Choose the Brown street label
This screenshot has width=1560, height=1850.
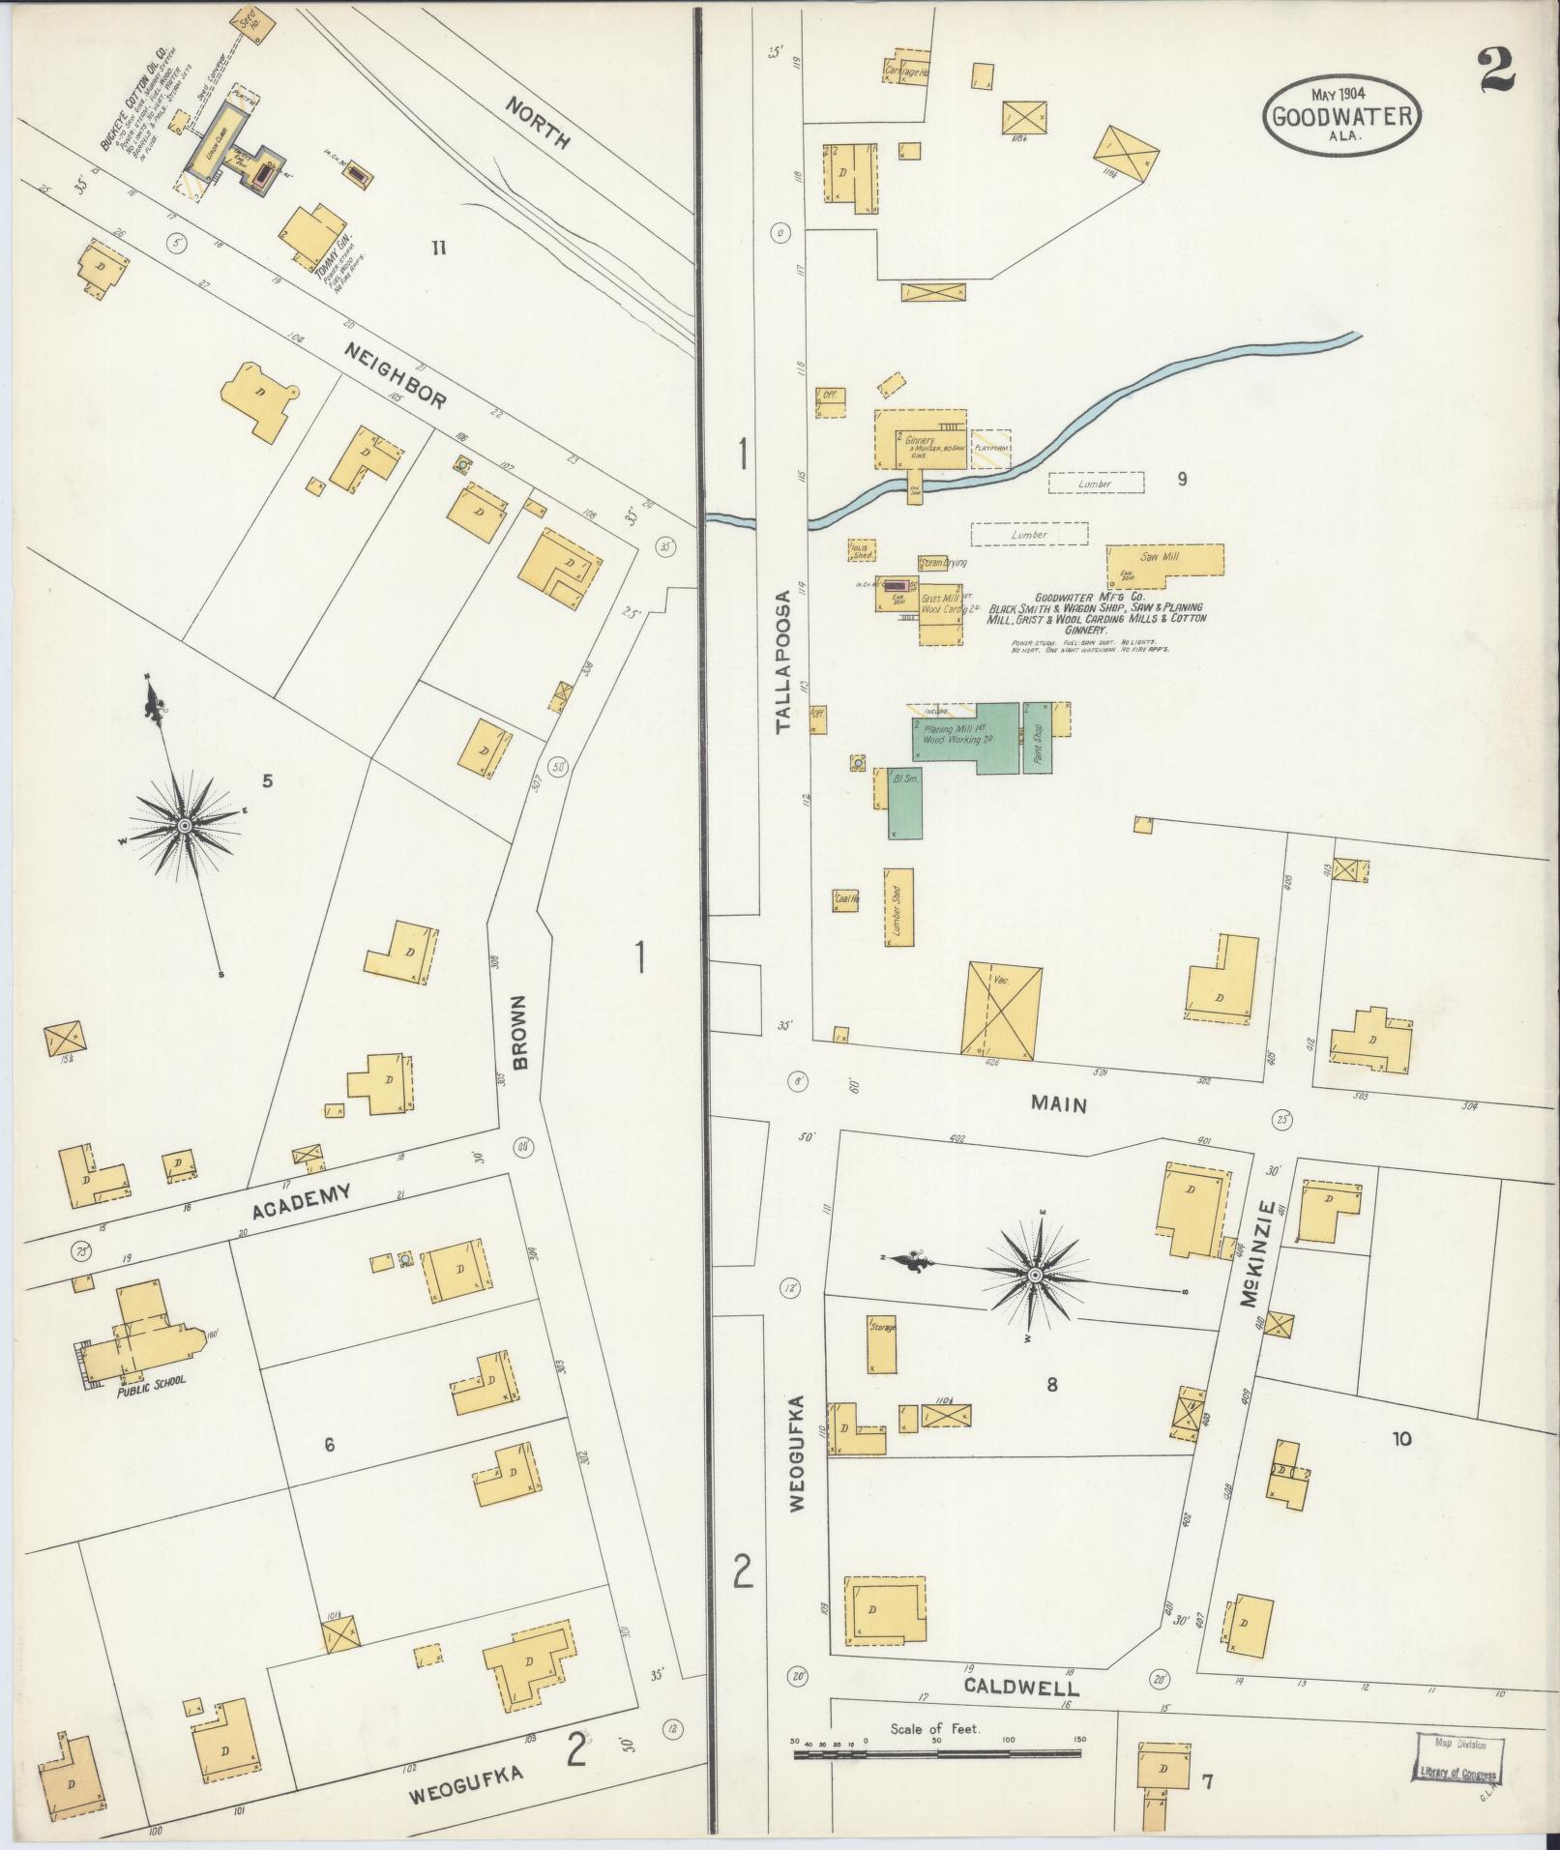[x=520, y=1034]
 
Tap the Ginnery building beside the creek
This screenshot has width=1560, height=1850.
[x=920, y=439]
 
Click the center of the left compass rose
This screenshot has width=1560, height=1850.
[x=184, y=825]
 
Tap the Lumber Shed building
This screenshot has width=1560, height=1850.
[x=898, y=906]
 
